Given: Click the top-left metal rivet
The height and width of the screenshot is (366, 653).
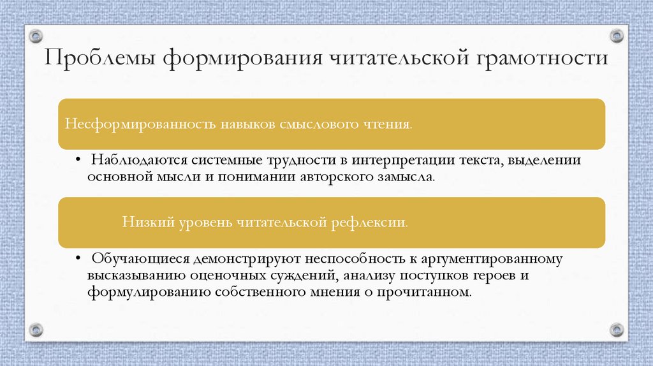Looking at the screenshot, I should pyautogui.click(x=36, y=36).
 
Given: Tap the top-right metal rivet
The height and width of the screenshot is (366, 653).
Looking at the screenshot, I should pyautogui.click(x=616, y=36).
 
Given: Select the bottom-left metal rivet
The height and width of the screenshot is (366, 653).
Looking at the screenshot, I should pyautogui.click(x=36, y=330).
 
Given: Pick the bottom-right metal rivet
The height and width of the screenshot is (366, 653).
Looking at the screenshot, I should pyautogui.click(x=616, y=330).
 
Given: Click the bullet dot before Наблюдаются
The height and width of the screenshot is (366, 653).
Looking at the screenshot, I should pyautogui.click(x=77, y=159).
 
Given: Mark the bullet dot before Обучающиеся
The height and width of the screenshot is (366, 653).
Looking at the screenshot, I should pyautogui.click(x=77, y=259).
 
